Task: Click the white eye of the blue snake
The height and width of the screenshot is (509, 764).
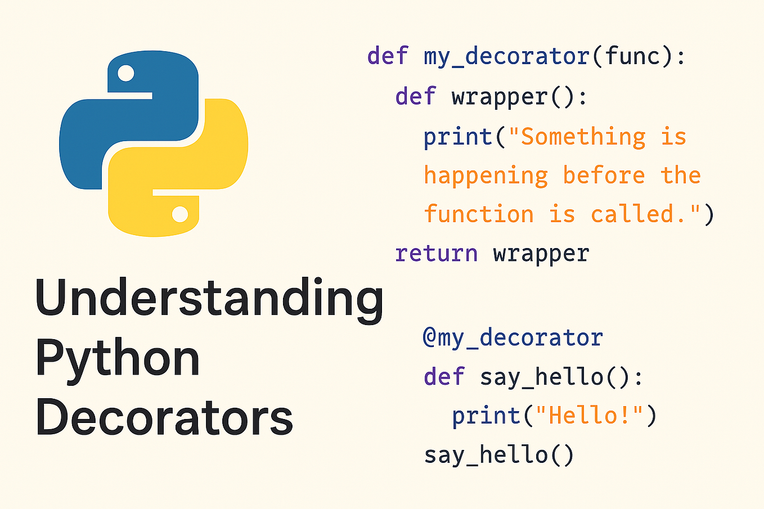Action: pyautogui.click(x=125, y=73)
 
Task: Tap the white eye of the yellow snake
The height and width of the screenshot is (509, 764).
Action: pyautogui.click(x=180, y=214)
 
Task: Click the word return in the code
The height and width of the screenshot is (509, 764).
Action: pyautogui.click(x=437, y=254)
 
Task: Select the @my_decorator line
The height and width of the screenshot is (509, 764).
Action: pyautogui.click(x=513, y=337)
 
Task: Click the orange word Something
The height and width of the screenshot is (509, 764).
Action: pyautogui.click(x=583, y=137)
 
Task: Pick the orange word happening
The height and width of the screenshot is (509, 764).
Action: pyautogui.click(x=486, y=176)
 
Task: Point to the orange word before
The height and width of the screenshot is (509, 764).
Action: pyautogui.click(x=604, y=175)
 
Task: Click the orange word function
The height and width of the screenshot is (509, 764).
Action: pyautogui.click(x=479, y=214)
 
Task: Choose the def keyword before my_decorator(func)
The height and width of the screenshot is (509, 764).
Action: pyautogui.click(x=388, y=56)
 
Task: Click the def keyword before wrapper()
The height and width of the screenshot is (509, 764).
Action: pyautogui.click(x=416, y=97)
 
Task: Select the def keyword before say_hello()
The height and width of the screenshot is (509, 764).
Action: pyautogui.click(x=444, y=376)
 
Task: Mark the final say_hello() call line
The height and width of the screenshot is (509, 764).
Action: pyautogui.click(x=499, y=454)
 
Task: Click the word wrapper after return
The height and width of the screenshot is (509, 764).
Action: pyautogui.click(x=541, y=254)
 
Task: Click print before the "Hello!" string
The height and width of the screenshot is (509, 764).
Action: pyautogui.click(x=487, y=416)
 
